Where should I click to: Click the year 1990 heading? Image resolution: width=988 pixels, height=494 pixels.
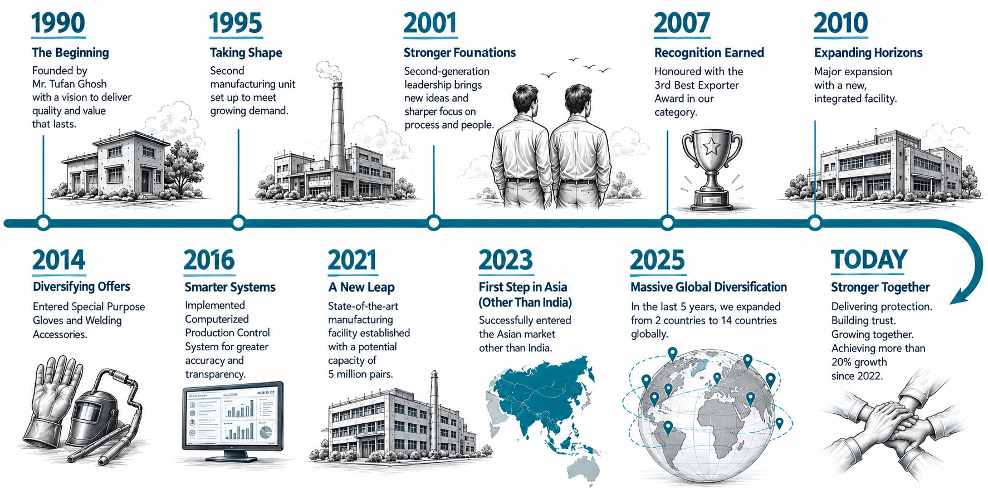[x=58, y=23]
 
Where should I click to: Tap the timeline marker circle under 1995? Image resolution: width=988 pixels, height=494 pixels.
[x=238, y=223]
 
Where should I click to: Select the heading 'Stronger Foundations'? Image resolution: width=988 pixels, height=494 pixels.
[x=459, y=53]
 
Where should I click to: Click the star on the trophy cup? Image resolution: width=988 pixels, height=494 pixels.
[x=712, y=147]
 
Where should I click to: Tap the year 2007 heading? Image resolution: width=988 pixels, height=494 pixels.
[x=682, y=23]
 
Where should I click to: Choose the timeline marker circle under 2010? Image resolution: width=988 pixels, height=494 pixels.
[x=815, y=223]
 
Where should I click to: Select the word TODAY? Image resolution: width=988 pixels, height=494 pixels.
[x=869, y=260]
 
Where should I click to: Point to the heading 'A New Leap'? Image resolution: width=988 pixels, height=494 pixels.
[x=361, y=287]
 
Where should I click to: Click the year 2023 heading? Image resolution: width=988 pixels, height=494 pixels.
[x=506, y=260]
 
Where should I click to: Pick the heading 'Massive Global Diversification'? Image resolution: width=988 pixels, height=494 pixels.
[x=708, y=287]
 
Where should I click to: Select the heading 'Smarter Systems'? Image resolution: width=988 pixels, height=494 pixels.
[x=230, y=287]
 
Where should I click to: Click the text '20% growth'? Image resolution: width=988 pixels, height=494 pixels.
[x=859, y=362]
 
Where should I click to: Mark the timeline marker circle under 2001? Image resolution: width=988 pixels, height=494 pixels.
[x=434, y=223]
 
